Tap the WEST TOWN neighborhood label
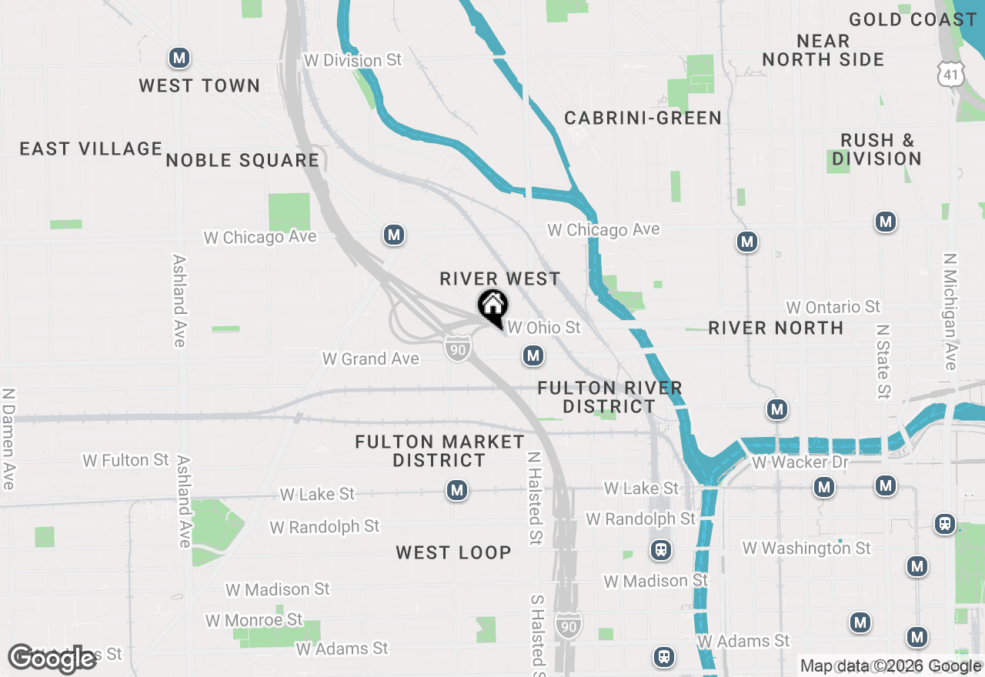point(199,85)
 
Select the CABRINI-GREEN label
point(643,118)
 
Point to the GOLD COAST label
point(913,20)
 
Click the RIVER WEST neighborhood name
point(500,278)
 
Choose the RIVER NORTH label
point(776,328)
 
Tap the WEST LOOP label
point(453,552)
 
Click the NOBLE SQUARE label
point(242,160)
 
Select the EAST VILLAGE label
point(91,148)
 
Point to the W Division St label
point(352,60)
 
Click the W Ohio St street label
point(544,328)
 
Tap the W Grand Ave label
point(371,359)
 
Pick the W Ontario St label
point(833,307)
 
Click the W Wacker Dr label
point(800,462)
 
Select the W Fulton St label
point(125,460)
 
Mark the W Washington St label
point(806,548)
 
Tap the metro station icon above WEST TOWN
point(179,58)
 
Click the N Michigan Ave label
point(950,312)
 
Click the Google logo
point(52,659)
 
